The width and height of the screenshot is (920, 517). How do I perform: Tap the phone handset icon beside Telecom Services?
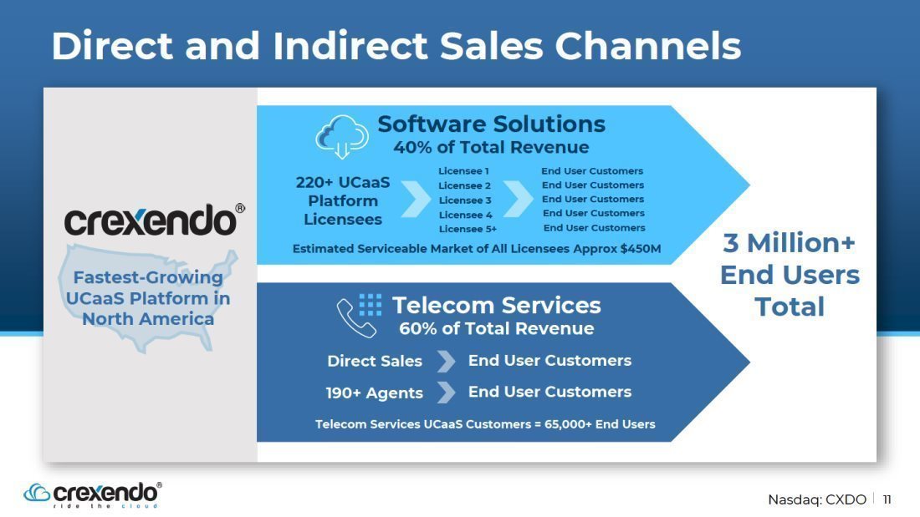[355, 318]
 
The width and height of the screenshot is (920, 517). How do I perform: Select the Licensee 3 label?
[465, 200]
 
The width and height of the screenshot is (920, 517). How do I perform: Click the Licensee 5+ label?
[468, 229]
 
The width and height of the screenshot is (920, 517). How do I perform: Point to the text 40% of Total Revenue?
[491, 147]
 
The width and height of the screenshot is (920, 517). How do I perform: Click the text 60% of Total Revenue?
[496, 328]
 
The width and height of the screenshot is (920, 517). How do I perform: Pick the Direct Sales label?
[375, 361]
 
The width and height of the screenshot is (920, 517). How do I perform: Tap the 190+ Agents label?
[375, 393]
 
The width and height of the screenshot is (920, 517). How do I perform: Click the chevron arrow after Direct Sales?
[447, 361]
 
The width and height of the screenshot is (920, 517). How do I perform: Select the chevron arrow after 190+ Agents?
[447, 393]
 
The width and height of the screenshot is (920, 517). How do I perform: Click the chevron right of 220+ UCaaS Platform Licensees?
[416, 199]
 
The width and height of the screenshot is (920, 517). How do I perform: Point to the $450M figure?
[641, 249]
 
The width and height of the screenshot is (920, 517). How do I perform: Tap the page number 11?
[887, 499]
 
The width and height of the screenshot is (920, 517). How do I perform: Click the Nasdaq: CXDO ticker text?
[817, 499]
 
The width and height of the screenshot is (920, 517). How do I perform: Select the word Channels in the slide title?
[647, 46]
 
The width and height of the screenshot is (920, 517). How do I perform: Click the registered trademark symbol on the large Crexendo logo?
[240, 209]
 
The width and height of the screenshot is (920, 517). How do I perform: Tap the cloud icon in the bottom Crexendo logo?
[36, 493]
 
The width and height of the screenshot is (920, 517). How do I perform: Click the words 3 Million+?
[790, 243]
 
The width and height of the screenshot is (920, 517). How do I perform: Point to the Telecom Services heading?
[496, 306]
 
